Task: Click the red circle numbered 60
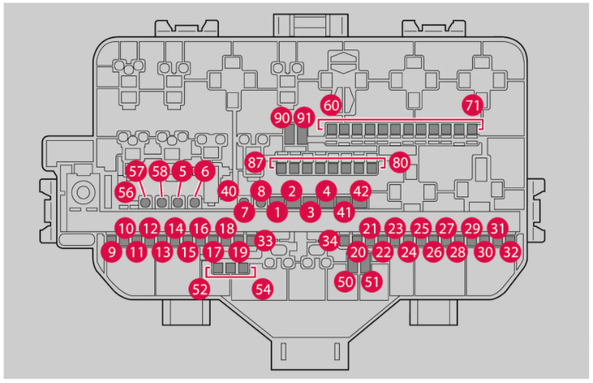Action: tap(331, 104)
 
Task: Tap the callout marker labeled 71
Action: tap(473, 104)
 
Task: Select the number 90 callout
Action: tap(282, 118)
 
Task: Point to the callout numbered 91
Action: tap(305, 118)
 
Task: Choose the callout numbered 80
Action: tap(400, 161)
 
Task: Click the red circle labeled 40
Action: tap(228, 191)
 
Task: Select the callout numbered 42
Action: tap(361, 191)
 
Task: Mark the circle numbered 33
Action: tap(264, 241)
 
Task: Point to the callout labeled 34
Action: tap(329, 241)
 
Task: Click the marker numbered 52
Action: tap(200, 289)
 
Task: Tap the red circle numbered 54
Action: tap(263, 289)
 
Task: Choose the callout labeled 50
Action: tap(346, 281)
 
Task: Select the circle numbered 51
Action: tap(372, 281)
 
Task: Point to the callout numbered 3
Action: tap(310, 211)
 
